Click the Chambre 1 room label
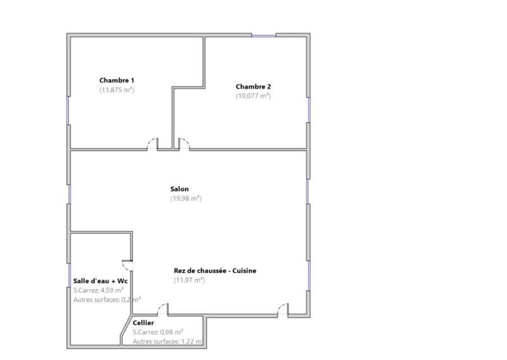coord(117,80)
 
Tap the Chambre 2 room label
coord(253,86)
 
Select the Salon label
coord(179,189)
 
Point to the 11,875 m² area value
coord(117,90)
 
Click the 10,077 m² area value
coord(253,96)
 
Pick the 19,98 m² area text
coord(186,198)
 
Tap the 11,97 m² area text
coord(189,280)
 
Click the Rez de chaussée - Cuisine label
coord(215,270)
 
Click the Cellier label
coord(143,323)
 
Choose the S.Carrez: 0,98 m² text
coord(158,331)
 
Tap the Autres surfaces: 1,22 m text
coord(167,342)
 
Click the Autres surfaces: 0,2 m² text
coord(106,299)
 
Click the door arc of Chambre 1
coord(153,143)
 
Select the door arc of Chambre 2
coord(183,143)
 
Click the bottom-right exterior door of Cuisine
coord(281,309)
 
